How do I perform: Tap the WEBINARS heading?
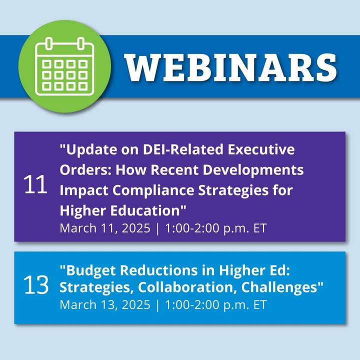[230, 67]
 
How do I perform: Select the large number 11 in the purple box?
[35, 184]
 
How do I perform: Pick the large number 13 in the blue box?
[36, 285]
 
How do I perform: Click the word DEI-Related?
[183, 149]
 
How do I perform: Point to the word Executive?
[261, 149]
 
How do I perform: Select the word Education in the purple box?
[148, 210]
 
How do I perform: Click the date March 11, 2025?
[105, 228]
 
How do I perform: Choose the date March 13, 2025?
[105, 305]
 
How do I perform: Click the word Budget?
[87, 271]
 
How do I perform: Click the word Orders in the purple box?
[85, 170]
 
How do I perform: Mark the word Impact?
[84, 191]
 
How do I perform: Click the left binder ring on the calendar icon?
[49, 43]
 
